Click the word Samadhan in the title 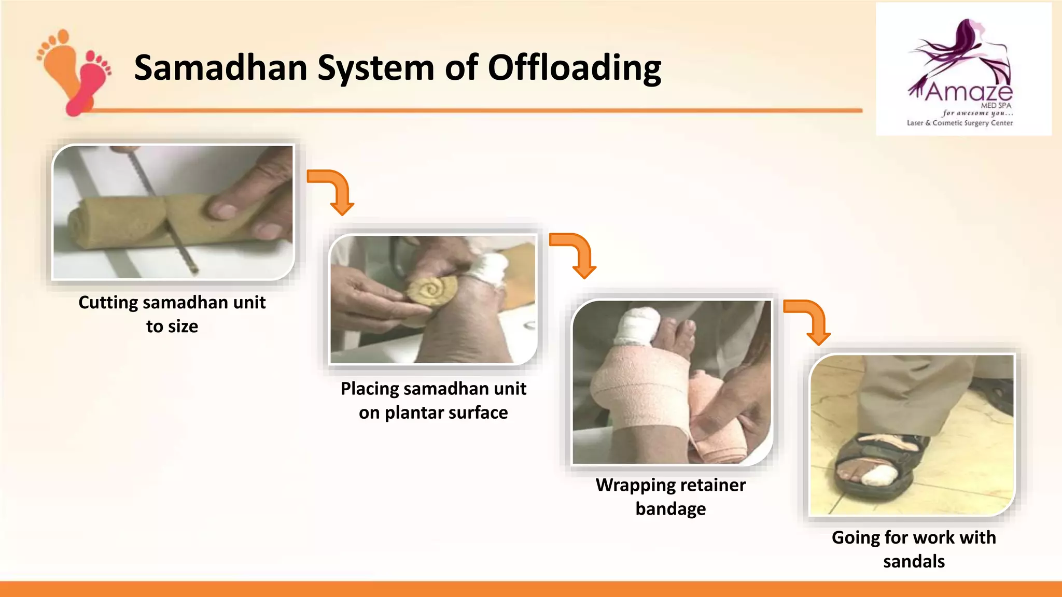[x=221, y=68]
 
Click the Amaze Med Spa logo [x=963, y=69]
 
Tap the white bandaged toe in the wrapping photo [x=637, y=326]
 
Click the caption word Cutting [x=109, y=303]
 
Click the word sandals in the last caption [x=914, y=562]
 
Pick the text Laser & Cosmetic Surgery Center [x=959, y=123]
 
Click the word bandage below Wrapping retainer [x=670, y=509]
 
